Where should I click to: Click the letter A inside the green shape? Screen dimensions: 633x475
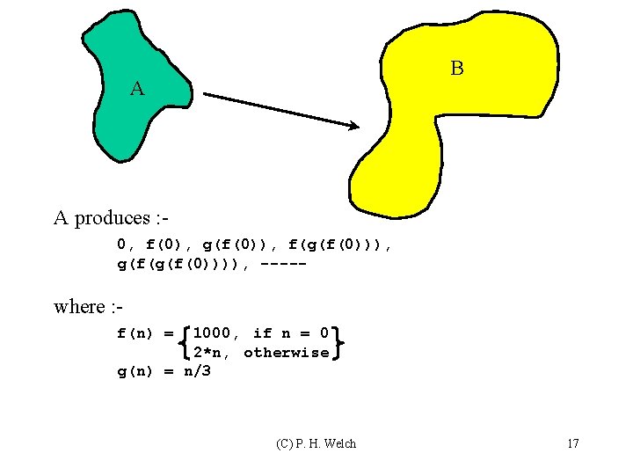(136, 88)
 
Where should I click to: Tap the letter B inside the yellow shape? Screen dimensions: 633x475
(456, 68)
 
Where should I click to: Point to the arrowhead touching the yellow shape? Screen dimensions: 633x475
(352, 127)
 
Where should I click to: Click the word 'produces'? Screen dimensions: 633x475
(112, 218)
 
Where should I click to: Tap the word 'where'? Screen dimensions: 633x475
(78, 306)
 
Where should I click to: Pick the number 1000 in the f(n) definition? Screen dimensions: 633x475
(211, 332)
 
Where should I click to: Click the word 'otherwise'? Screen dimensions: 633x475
(287, 353)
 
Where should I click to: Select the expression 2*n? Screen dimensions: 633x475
(211, 353)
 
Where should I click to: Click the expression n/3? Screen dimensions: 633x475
(197, 372)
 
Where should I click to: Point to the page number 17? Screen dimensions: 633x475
(572, 443)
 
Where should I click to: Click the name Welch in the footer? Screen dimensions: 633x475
(338, 443)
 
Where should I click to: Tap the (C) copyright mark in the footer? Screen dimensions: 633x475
(285, 443)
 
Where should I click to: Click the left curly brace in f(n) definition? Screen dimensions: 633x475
(184, 343)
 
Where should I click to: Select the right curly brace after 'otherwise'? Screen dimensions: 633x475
(338, 343)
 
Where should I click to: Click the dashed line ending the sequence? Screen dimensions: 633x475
(283, 263)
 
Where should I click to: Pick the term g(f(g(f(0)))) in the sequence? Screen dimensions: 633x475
(183, 263)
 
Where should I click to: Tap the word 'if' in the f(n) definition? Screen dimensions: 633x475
(262, 332)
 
